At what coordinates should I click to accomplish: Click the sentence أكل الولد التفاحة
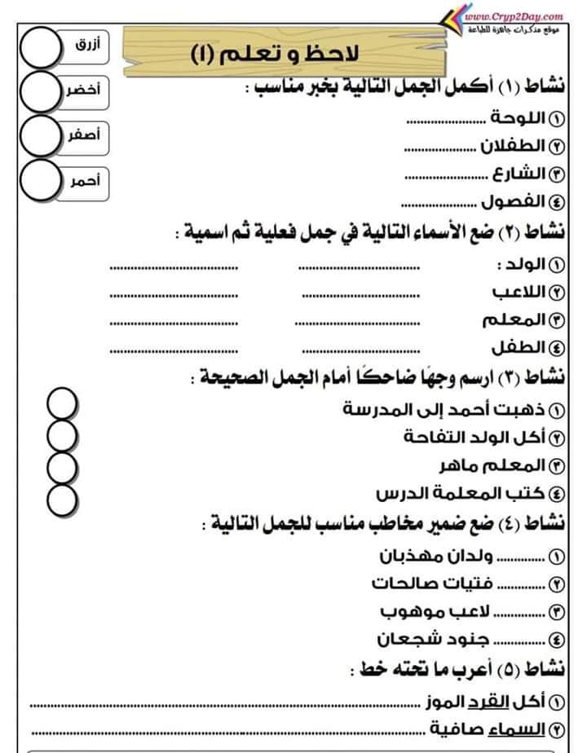tap(473, 436)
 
